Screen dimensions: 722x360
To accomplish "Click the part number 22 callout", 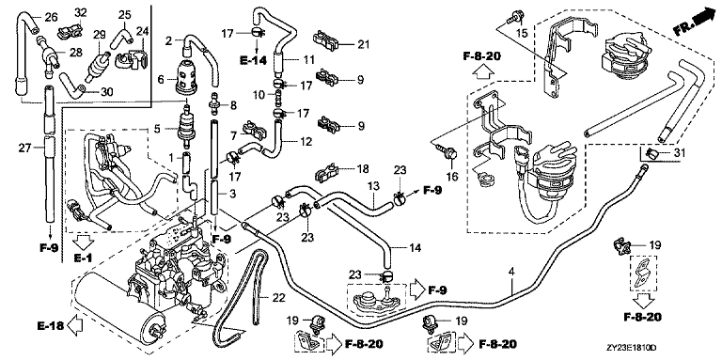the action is point(278,298).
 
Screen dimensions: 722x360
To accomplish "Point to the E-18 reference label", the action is point(50,325).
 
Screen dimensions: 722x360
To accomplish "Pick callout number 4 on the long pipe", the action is point(511,272).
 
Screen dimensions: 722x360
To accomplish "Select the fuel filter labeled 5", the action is point(187,125).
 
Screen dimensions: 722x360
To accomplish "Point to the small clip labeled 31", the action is point(650,154).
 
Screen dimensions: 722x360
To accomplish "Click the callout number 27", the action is point(25,149).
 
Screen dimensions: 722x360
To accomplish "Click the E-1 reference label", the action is point(84,258).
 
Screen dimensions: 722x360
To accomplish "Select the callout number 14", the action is point(415,248).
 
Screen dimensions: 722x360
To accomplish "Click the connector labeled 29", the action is point(98,67).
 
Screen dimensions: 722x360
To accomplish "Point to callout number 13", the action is point(373,185).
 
